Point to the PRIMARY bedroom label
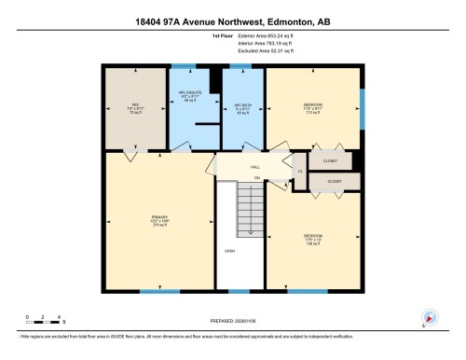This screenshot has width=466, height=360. point(158,221)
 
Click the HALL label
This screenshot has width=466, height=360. point(254,166)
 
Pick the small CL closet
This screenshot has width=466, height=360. point(300,171)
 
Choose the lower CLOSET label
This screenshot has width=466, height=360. point(334,181)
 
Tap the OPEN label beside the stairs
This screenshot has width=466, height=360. point(229,252)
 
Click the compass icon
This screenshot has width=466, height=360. point(429,317)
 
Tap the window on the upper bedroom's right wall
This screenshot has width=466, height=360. point(362,101)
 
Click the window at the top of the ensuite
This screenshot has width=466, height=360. point(183,66)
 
